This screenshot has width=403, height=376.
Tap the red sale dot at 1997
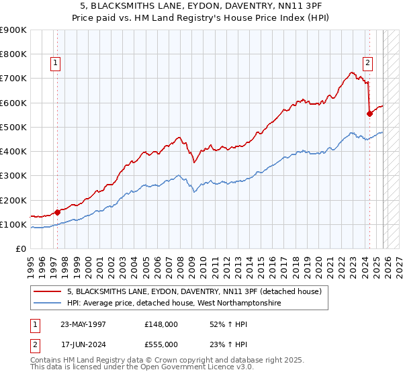(57, 212)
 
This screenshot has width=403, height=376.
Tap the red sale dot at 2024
(369, 113)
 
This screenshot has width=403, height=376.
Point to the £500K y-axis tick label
(13, 127)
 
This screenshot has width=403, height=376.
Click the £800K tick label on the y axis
(13, 54)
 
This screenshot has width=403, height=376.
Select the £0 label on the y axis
(20, 249)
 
